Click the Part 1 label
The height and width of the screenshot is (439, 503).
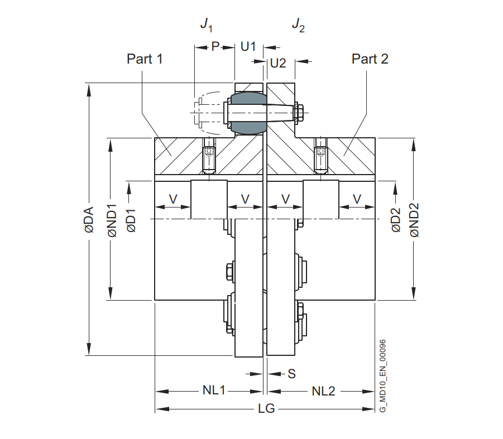click(x=145, y=59)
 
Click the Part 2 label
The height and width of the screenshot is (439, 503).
click(x=370, y=59)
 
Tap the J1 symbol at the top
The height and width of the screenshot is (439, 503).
click(x=206, y=25)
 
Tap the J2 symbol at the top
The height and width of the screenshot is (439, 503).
click(x=298, y=25)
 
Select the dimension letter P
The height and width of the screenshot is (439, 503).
click(x=215, y=46)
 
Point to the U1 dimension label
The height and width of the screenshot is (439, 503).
click(x=248, y=46)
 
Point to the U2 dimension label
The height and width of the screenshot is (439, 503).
click(x=278, y=63)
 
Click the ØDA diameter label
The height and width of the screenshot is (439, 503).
click(x=89, y=220)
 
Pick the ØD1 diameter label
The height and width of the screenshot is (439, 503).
click(x=132, y=221)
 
